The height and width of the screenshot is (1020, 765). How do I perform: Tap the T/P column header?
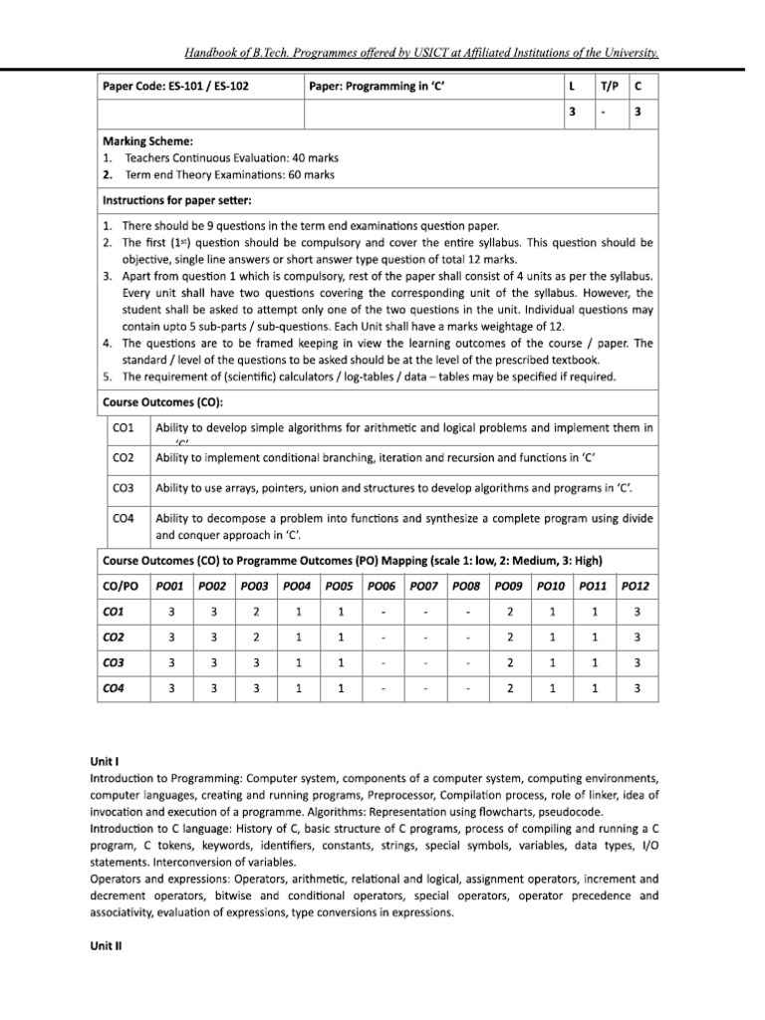tap(609, 87)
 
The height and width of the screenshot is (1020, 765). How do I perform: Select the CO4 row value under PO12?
tap(636, 687)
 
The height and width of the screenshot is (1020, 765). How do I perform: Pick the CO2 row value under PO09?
tap(510, 636)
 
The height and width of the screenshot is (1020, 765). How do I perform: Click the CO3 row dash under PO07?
tap(425, 661)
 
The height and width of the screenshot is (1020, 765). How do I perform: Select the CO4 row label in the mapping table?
tap(115, 687)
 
